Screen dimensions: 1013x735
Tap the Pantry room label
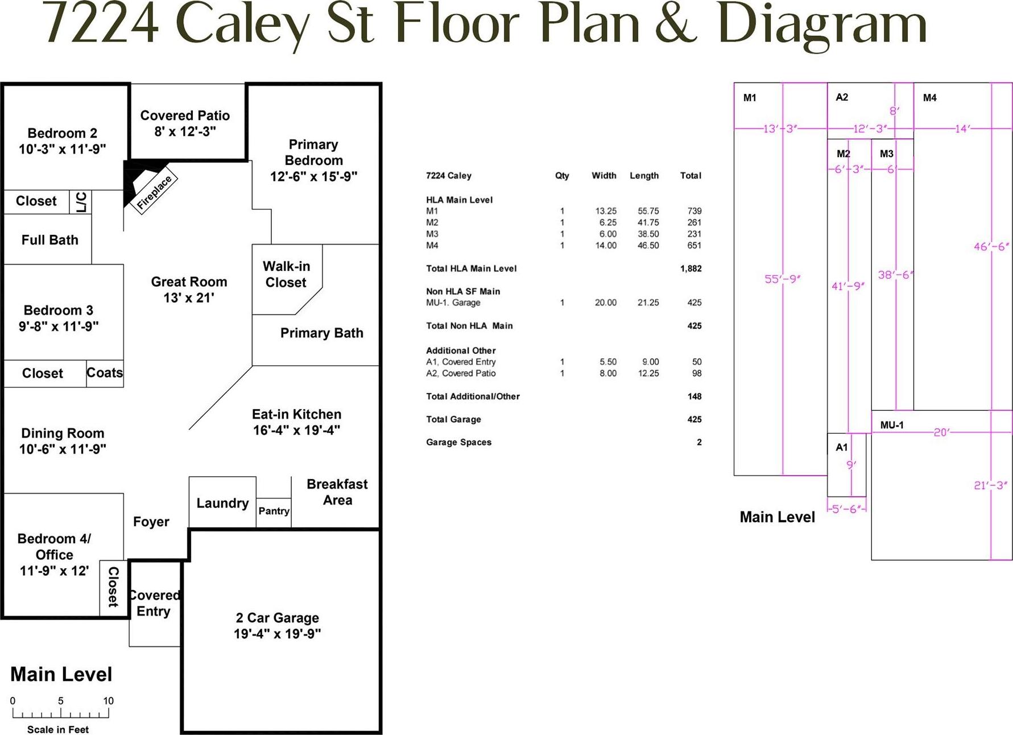tap(274, 511)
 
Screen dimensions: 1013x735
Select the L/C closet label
tap(81, 201)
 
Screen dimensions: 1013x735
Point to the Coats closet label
tap(105, 373)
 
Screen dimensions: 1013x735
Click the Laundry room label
tap(222, 503)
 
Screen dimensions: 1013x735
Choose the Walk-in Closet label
tap(286, 274)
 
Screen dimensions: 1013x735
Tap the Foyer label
tap(151, 522)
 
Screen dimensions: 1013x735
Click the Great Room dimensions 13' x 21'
tap(188, 298)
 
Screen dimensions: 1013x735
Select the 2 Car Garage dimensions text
tap(277, 634)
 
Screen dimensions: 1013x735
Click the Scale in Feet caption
tap(58, 729)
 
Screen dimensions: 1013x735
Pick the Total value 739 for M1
tap(694, 211)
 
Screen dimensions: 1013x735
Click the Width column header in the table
tap(604, 176)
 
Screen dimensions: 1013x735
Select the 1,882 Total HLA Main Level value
tap(691, 269)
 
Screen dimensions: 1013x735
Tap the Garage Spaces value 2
tap(699, 442)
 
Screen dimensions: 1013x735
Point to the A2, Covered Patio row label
tap(461, 373)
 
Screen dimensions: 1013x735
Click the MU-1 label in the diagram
tap(892, 425)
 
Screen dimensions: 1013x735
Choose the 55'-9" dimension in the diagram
tap(783, 279)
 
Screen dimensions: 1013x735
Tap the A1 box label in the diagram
tap(842, 447)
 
